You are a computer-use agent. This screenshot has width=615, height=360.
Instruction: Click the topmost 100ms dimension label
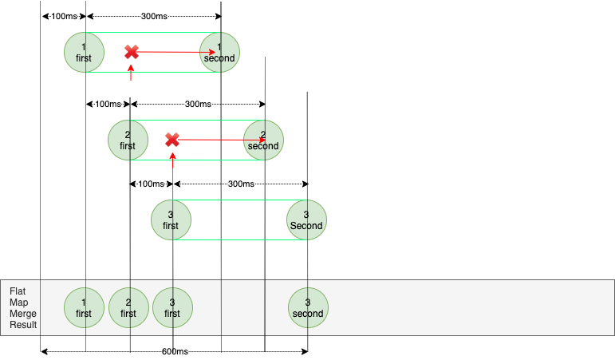63,16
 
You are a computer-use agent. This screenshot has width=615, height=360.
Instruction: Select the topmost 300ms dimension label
153,16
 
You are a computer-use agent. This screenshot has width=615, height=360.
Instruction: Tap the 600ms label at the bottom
174,351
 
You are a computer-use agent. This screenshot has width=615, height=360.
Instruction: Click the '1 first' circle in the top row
85,52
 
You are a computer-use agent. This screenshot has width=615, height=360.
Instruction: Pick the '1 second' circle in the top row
219,52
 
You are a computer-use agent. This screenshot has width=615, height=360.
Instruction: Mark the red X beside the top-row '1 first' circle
132,52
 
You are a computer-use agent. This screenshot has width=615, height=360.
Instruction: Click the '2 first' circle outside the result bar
128,140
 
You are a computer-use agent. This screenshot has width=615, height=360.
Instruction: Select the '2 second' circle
263,140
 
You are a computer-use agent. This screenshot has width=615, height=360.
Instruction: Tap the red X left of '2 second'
171,140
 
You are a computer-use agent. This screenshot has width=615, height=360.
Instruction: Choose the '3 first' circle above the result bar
171,220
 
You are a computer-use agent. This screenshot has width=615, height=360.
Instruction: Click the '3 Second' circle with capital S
306,220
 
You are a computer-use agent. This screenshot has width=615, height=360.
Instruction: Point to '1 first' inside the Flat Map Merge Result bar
85,307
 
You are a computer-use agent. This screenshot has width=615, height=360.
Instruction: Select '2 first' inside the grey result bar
128,307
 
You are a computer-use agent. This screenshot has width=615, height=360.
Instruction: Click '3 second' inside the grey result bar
308,307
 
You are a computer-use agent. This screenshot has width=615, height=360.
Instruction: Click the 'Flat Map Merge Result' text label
23,308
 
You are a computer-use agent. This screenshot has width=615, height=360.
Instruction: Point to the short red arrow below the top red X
130,73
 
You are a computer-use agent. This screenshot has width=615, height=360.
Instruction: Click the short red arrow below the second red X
172,160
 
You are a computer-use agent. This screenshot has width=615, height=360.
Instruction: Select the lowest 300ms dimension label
240,184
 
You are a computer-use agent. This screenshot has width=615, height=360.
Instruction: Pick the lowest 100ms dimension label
150,184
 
